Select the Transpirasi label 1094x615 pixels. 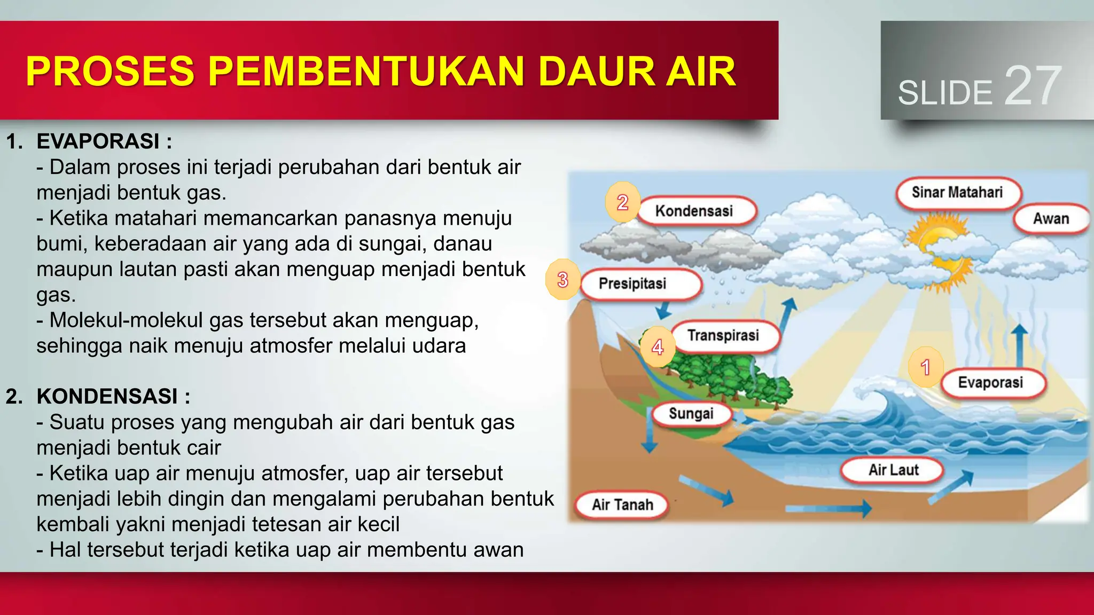(x=724, y=336)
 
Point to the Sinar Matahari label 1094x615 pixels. (x=958, y=192)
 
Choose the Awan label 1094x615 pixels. (x=1051, y=218)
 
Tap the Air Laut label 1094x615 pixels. (x=893, y=470)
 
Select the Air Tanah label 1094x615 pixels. (x=622, y=504)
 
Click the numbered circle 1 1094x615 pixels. (x=926, y=367)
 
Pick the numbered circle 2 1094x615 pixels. (x=622, y=202)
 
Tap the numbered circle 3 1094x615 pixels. (x=562, y=280)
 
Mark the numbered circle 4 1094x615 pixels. (x=658, y=348)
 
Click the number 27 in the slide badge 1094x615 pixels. (x=1032, y=86)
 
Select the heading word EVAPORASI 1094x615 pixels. (x=98, y=141)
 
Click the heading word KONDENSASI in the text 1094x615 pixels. (x=107, y=397)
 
